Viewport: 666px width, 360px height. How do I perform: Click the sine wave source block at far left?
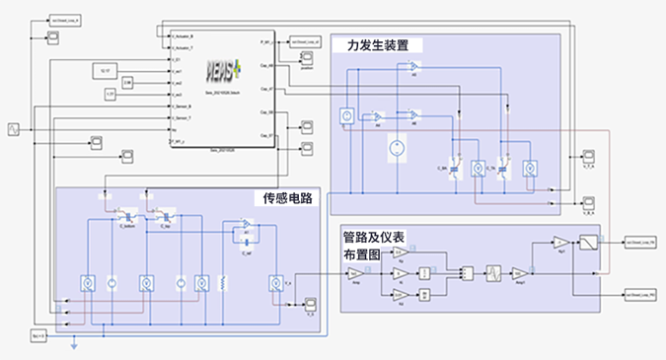click(x=15, y=128)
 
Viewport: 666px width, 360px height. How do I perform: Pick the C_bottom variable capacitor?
click(x=127, y=213)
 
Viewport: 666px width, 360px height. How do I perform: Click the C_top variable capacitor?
click(x=155, y=213)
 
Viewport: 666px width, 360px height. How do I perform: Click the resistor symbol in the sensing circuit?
click(x=227, y=284)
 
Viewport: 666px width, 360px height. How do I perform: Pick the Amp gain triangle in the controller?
click(x=358, y=273)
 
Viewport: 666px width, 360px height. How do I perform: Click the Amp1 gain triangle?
click(x=520, y=274)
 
